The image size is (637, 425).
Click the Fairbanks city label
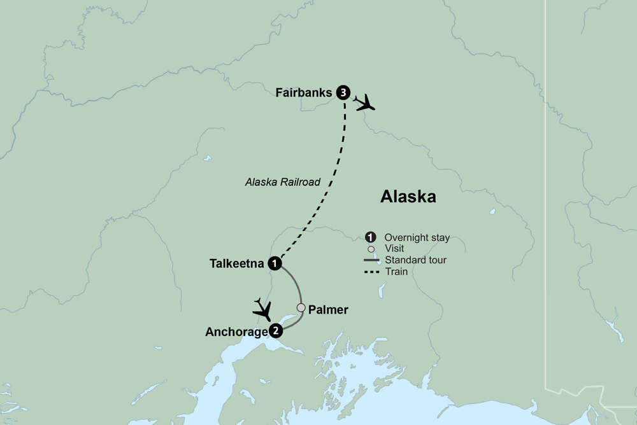pyautogui.click(x=304, y=93)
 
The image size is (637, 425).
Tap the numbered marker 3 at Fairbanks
pyautogui.click(x=344, y=93)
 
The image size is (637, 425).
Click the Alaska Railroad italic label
pyautogui.click(x=283, y=182)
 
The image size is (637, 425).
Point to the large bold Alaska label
pyautogui.click(x=408, y=197)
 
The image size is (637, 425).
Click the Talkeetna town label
pyautogui.click(x=236, y=263)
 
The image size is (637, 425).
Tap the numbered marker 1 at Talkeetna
pyautogui.click(x=275, y=263)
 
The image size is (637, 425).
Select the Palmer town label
pyautogui.click(x=328, y=310)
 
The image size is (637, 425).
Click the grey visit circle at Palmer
pyautogui.click(x=301, y=308)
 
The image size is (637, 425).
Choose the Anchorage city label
pyautogui.click(x=234, y=331)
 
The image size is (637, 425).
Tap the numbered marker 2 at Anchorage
pyautogui.click(x=275, y=330)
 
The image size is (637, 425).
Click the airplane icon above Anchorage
pyautogui.click(x=262, y=309)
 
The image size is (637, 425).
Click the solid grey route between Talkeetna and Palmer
pyautogui.click(x=297, y=286)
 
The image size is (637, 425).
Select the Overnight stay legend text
pyautogui.click(x=417, y=238)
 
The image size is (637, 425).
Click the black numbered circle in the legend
pyautogui.click(x=371, y=237)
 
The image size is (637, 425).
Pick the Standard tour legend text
pyautogui.click(x=415, y=260)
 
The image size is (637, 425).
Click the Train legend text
pyautogui.click(x=396, y=271)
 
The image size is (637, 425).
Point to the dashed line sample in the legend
pyautogui.click(x=371, y=271)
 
